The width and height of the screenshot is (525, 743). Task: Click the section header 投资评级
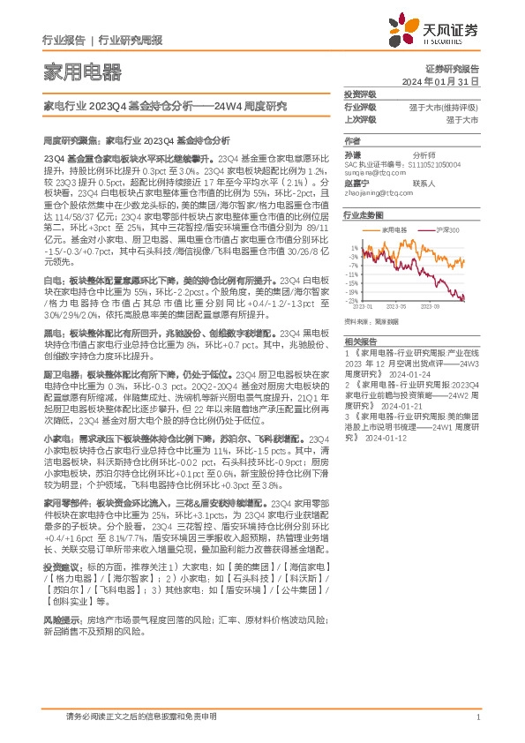coord(360,94)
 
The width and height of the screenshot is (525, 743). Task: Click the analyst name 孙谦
coord(353,154)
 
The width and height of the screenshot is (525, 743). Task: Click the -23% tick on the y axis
coord(351,301)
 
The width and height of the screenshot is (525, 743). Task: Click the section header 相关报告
coord(360,340)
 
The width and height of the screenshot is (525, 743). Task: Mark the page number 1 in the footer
coord(476,717)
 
